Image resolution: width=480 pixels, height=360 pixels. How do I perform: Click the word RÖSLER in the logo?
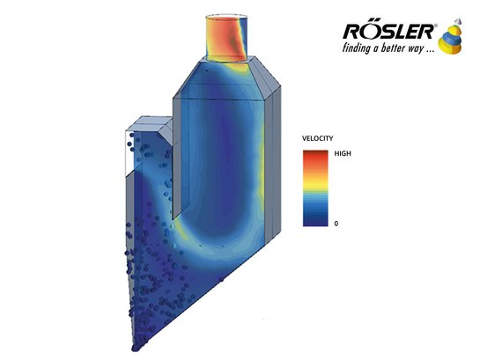pyautogui.click(x=388, y=32)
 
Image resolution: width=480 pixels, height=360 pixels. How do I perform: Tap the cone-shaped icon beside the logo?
pyautogui.click(x=450, y=37)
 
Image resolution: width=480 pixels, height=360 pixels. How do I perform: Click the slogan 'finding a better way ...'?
pyautogui.click(x=388, y=48)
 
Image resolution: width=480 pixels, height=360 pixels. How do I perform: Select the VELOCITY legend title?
pyautogui.click(x=317, y=138)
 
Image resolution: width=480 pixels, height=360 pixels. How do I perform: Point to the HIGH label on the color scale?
pyautogui.click(x=343, y=153)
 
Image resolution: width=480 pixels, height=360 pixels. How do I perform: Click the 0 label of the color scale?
pyautogui.click(x=336, y=224)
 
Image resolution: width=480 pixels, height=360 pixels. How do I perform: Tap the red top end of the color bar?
pyautogui.click(x=315, y=154)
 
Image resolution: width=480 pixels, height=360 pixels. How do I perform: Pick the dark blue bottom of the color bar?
pyautogui.click(x=315, y=221)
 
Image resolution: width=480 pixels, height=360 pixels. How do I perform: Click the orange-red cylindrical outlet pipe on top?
pyautogui.click(x=226, y=38)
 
